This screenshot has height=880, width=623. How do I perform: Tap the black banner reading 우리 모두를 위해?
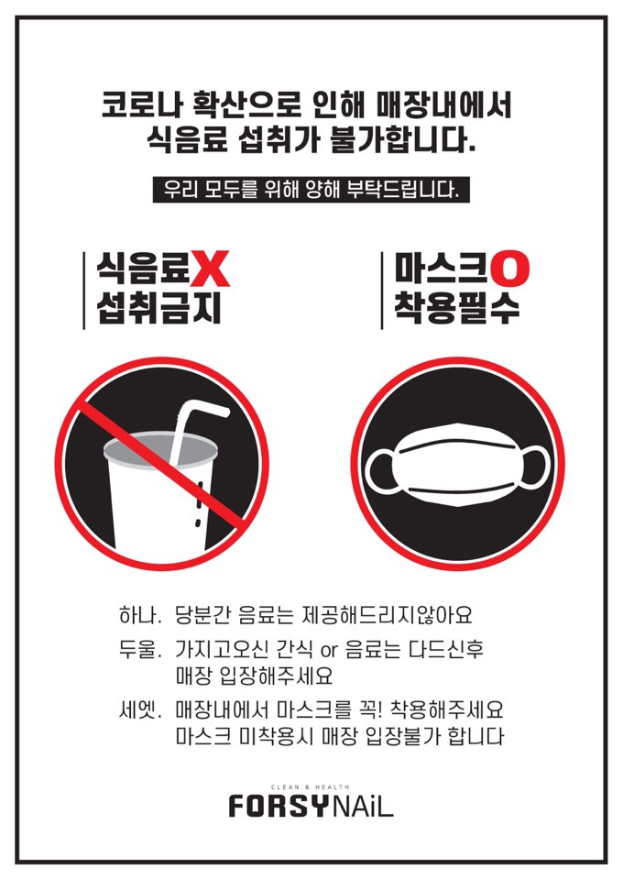[311, 191]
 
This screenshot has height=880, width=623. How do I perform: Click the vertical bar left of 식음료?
[84, 289]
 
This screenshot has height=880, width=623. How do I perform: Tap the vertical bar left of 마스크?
[382, 289]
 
